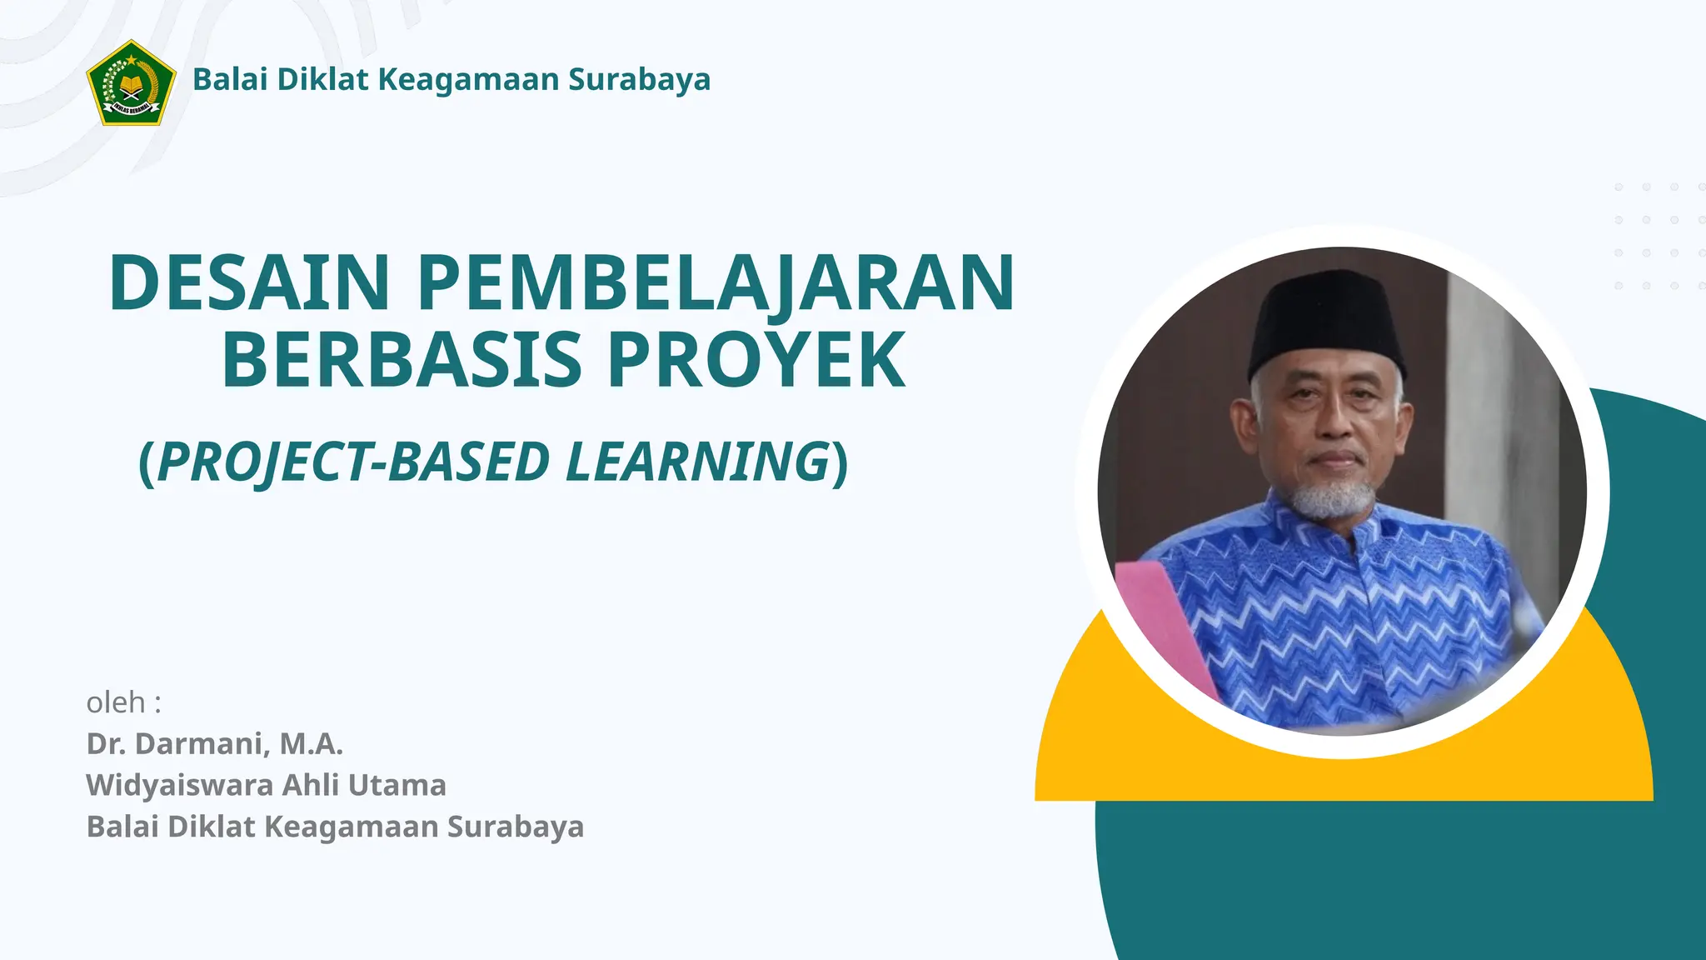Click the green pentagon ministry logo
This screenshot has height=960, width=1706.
[131, 83]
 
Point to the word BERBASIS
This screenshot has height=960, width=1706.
[402, 360]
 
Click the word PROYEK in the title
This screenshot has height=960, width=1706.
[756, 360]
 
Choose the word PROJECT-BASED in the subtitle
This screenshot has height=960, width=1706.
[353, 462]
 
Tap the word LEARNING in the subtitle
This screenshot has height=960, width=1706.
[697, 462]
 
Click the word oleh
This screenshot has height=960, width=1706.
[116, 702]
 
